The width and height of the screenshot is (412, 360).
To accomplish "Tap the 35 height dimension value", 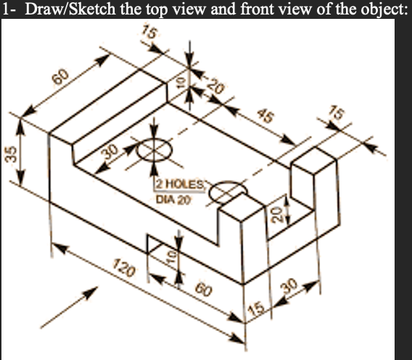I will tap(9, 160).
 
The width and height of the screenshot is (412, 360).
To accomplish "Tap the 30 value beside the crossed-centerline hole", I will tap(110, 151).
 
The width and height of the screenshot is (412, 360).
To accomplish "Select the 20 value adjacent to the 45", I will tap(213, 86).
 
